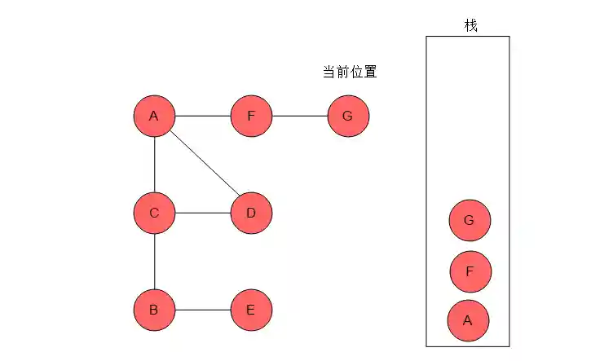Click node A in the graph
coord(154,117)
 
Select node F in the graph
coord(251,117)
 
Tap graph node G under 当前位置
coord(348,117)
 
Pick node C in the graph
coord(154,214)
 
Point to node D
coord(251,214)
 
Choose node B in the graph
coord(154,310)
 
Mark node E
coord(251,310)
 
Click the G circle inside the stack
coord(470,221)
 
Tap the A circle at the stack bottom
coord(468,320)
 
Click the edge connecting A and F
coord(202,117)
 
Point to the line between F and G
coord(299,117)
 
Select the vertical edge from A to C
coord(154,165)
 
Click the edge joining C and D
coord(202,214)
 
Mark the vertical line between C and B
coord(154,262)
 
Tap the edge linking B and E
coord(202,310)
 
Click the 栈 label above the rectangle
coord(470,25)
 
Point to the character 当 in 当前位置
coord(329,73)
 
